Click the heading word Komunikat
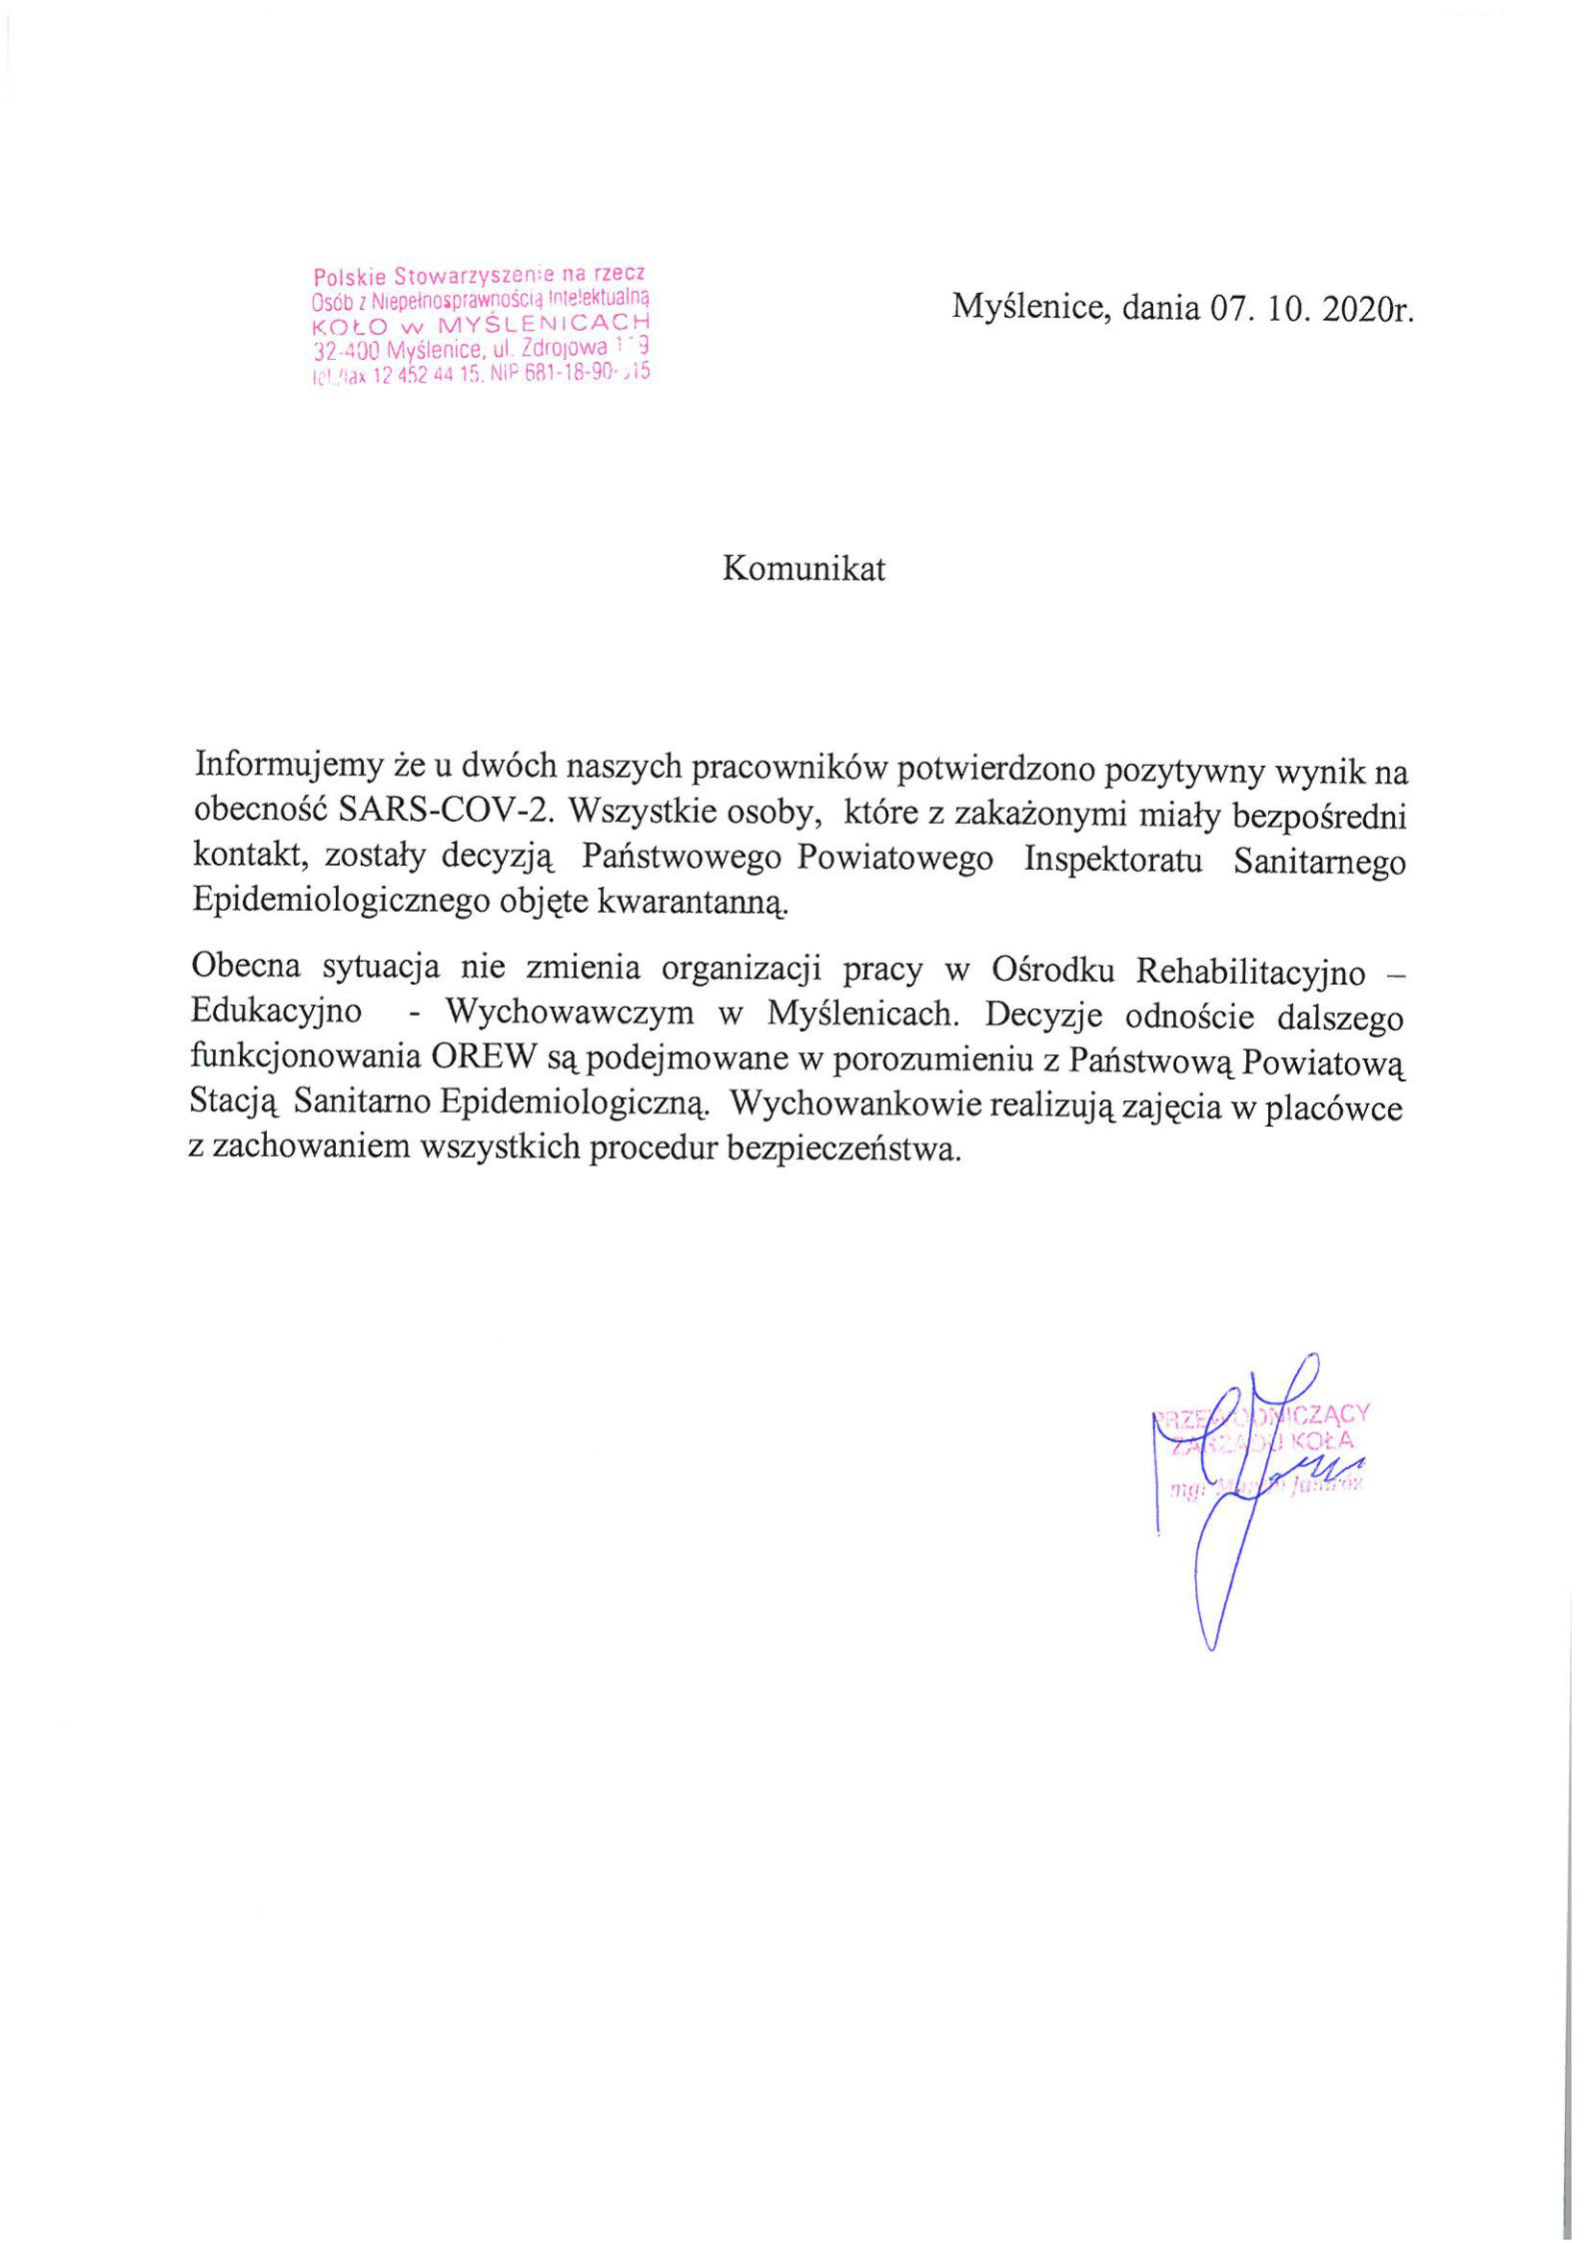pos(803,569)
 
